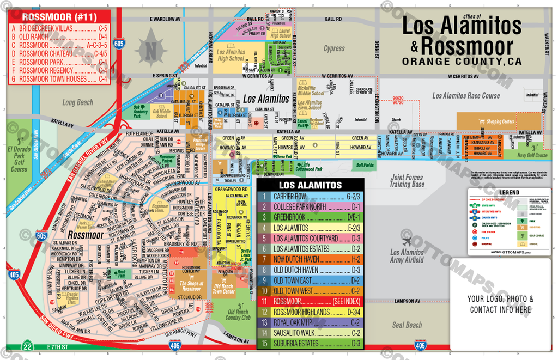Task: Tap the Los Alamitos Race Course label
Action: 466,96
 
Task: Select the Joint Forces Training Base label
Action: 407,181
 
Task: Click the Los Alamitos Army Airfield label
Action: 407,256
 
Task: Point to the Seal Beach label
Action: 407,325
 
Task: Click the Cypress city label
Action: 334,48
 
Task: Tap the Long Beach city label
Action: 78,102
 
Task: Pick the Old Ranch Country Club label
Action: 238,315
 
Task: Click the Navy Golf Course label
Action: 531,155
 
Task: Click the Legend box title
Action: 508,192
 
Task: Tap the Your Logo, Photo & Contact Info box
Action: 500,304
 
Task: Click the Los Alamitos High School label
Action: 231,55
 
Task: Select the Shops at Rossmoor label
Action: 191,286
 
